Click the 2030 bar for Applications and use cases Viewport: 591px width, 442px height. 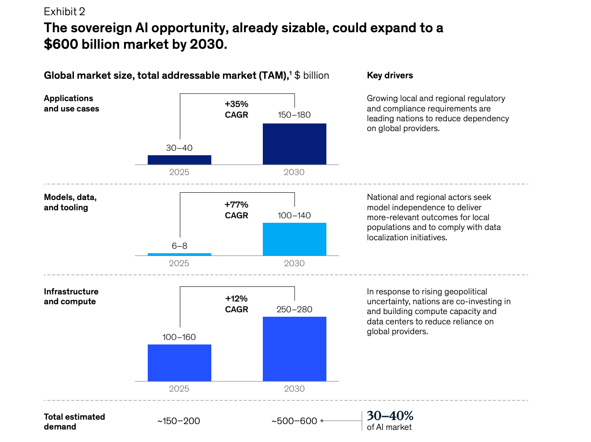pyautogui.click(x=294, y=144)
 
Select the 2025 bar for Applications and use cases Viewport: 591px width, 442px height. pyautogui.click(x=179, y=160)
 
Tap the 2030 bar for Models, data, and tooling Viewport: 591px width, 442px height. pyautogui.click(x=294, y=239)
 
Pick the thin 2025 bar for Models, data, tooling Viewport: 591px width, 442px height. pyautogui.click(x=179, y=254)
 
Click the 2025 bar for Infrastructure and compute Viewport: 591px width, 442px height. pyautogui.click(x=179, y=362)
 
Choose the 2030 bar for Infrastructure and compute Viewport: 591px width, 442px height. pyautogui.click(x=294, y=348)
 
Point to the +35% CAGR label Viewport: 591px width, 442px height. pyautogui.click(x=236, y=109)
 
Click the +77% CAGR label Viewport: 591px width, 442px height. pyautogui.click(x=236, y=210)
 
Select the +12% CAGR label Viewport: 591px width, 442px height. pyautogui.click(x=236, y=304)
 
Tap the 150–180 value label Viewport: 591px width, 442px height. pyautogui.click(x=294, y=115)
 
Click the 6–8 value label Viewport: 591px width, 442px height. pyautogui.click(x=179, y=246)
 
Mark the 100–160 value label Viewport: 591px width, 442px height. pyautogui.click(x=179, y=337)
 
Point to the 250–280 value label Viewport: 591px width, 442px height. pyautogui.click(x=294, y=309)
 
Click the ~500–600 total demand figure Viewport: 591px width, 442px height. pyautogui.click(x=294, y=421)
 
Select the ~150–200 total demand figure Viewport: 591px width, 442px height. pyautogui.click(x=179, y=421)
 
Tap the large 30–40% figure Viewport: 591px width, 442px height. pyautogui.click(x=390, y=416)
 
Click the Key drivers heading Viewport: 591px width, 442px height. pyautogui.click(x=390, y=75)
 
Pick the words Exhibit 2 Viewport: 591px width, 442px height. pyautogui.click(x=64, y=12)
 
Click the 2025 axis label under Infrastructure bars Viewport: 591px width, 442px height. pyautogui.click(x=179, y=389)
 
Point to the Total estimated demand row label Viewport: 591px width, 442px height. pyautogui.click(x=74, y=421)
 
